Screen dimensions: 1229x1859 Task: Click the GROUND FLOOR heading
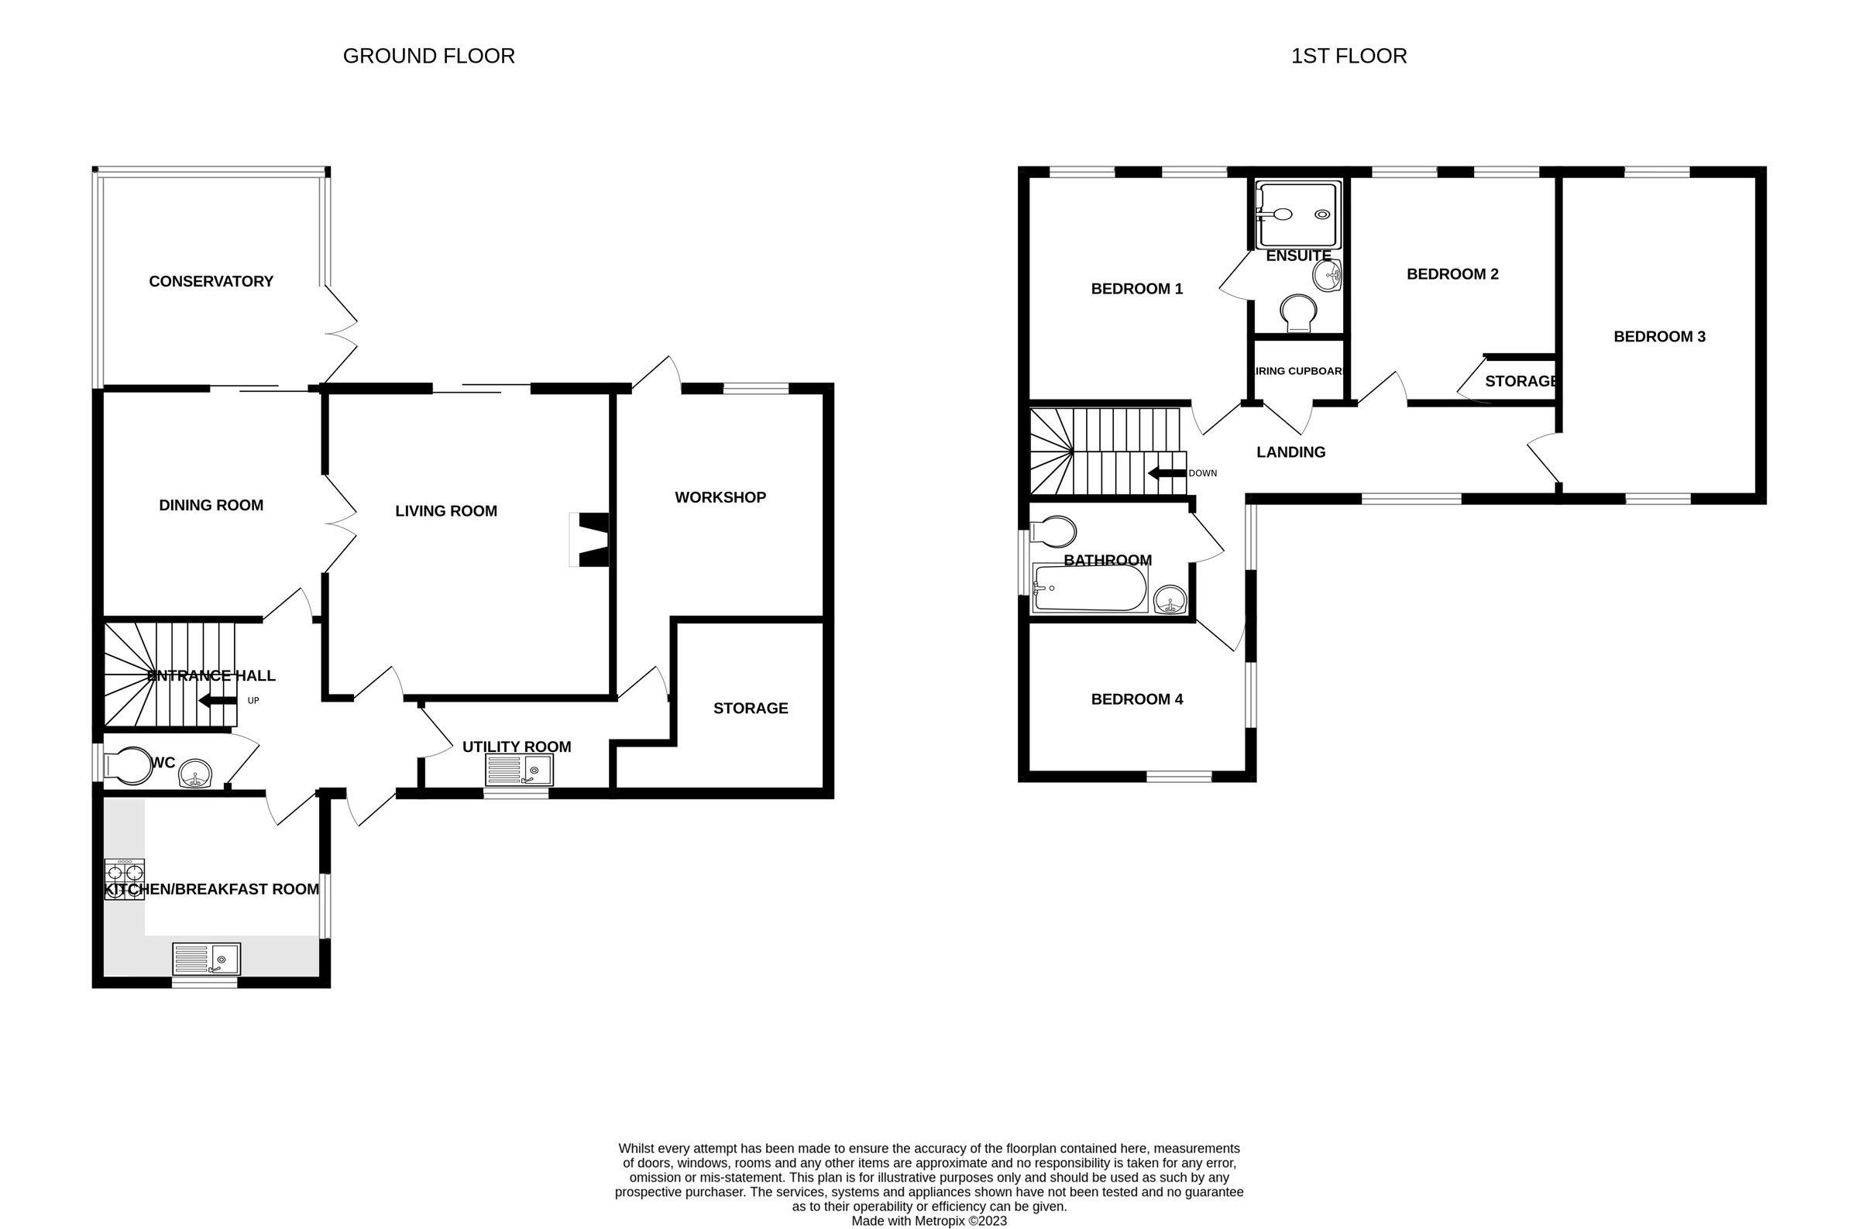(428, 57)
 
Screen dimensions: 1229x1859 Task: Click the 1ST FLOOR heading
(1348, 57)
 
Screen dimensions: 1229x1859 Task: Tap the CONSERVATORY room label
(211, 281)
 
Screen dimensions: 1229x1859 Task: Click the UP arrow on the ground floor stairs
(218, 701)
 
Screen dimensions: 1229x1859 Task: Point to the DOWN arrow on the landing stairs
(1167, 473)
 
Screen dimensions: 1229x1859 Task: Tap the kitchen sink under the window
(206, 960)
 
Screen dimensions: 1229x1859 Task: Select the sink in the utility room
(519, 771)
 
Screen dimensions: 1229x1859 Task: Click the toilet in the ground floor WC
(129, 765)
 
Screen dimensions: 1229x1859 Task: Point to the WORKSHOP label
(720, 498)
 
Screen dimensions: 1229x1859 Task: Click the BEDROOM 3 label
(1659, 337)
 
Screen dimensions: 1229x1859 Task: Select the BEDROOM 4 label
(1136, 699)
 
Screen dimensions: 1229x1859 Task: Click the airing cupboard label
(1299, 372)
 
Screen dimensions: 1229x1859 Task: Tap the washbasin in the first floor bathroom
(1170, 600)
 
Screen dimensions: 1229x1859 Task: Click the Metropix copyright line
(929, 1220)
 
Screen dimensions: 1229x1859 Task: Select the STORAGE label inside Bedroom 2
(1520, 382)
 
